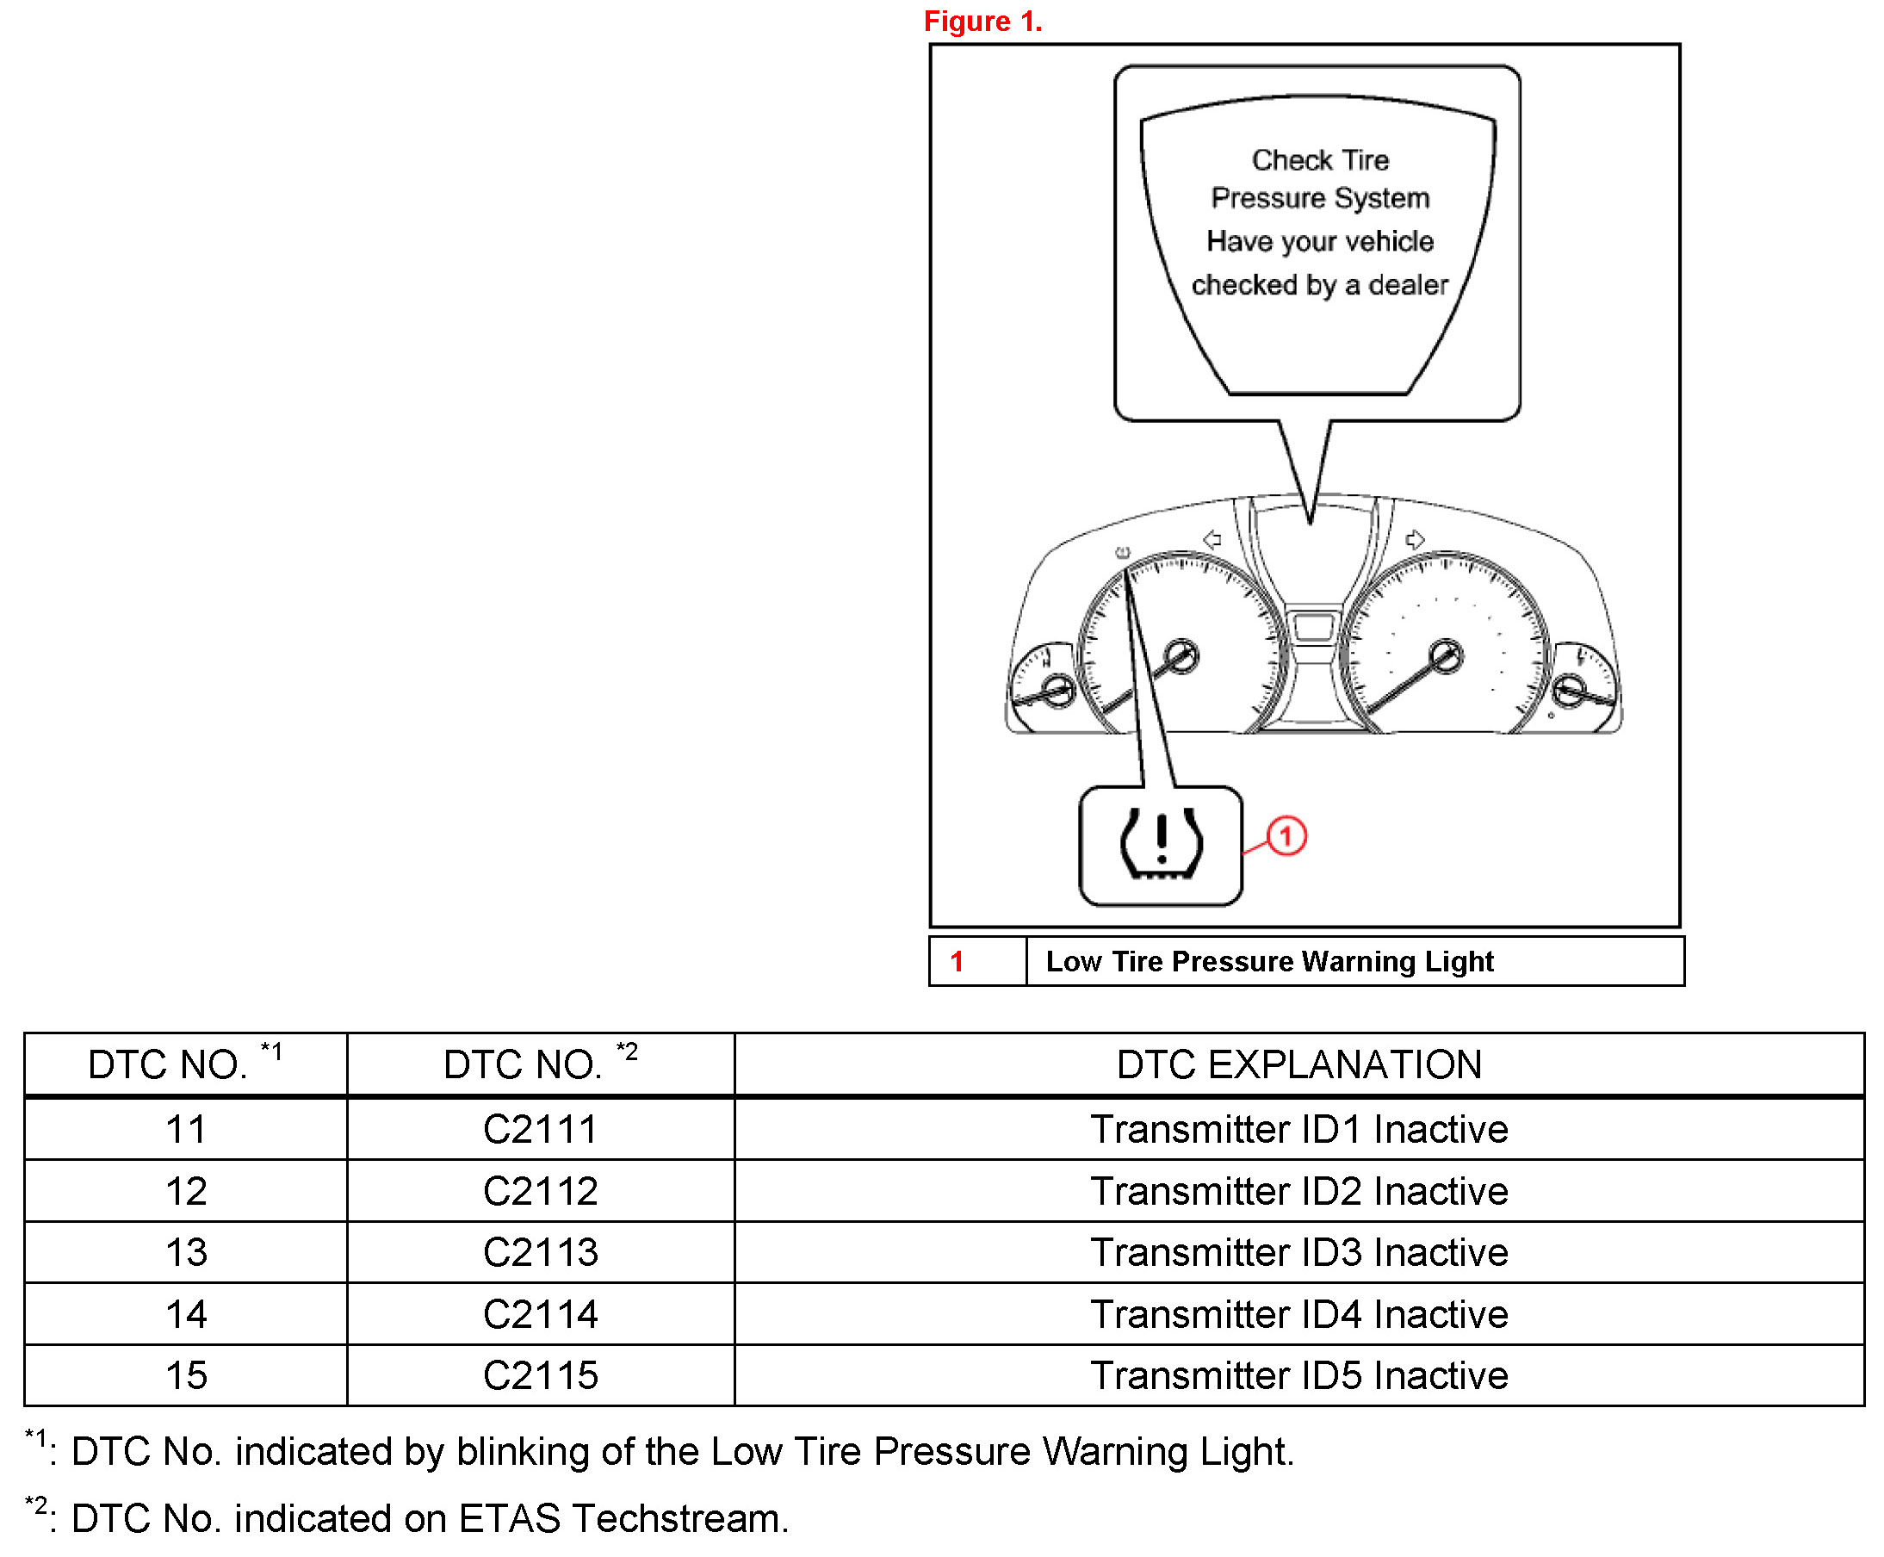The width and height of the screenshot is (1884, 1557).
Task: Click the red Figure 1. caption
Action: click(x=982, y=21)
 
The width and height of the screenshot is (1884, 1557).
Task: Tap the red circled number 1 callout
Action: click(x=1285, y=836)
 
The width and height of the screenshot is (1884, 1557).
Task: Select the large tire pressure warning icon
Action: click(x=1161, y=845)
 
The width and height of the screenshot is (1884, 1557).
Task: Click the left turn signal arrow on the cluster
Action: click(x=1212, y=538)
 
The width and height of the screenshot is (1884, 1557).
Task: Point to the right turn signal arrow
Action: click(x=1414, y=538)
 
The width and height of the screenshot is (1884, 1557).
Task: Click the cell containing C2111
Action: click(x=540, y=1128)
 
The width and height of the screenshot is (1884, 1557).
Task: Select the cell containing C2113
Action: click(x=540, y=1251)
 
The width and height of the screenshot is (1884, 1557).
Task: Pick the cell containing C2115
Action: click(x=540, y=1374)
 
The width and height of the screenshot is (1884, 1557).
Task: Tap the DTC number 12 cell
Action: click(x=186, y=1190)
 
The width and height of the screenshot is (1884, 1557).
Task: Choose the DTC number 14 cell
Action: click(x=186, y=1313)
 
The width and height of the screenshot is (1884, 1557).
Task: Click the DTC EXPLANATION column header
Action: click(x=1298, y=1064)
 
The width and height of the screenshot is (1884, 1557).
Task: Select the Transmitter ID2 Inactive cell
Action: click(x=1298, y=1190)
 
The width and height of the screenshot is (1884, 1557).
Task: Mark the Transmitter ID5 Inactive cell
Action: click(x=1298, y=1374)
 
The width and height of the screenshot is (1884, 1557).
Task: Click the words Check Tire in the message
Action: click(x=1319, y=159)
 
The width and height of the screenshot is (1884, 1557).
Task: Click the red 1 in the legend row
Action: click(x=956, y=960)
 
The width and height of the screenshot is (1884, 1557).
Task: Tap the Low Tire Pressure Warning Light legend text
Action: click(x=1269, y=960)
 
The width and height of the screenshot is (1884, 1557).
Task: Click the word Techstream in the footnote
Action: click(x=679, y=1517)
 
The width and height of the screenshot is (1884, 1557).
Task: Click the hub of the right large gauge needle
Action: click(x=1445, y=655)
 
